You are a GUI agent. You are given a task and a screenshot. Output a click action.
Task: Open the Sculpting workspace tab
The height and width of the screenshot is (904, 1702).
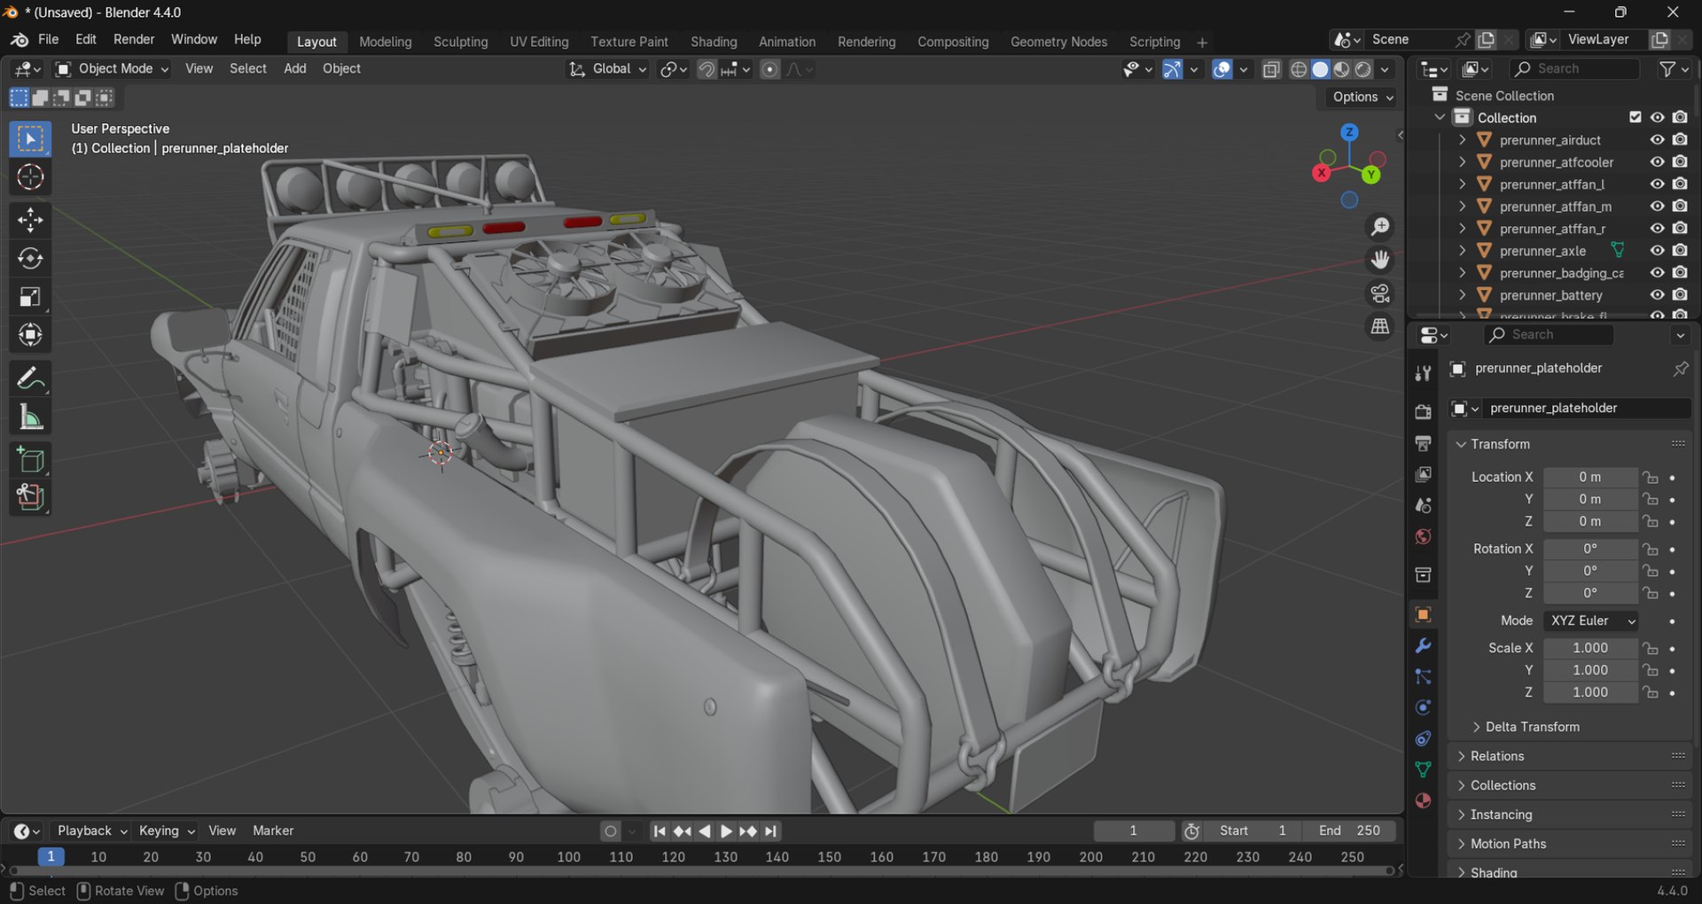460,42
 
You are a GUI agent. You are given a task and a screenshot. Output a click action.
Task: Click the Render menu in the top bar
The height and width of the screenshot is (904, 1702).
134,40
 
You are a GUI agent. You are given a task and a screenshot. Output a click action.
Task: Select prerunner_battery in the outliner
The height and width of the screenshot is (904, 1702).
1550,295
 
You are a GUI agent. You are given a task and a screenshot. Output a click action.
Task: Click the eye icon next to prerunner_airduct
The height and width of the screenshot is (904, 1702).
1656,140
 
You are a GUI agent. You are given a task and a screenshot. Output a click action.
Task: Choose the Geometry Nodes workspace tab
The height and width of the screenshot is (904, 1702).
1058,42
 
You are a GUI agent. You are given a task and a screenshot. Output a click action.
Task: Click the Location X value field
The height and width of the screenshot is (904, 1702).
1589,477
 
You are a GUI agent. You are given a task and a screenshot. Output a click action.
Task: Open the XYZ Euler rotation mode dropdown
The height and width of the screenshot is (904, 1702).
1591,620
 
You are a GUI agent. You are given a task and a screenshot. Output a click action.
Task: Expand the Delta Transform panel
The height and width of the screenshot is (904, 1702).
1532,727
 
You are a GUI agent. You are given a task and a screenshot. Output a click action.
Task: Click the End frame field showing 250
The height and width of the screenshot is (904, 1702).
1350,830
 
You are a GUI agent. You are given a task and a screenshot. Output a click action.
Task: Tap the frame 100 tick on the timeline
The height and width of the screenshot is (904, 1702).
568,857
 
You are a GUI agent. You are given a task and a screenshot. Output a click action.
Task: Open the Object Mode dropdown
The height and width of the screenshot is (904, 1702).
113,69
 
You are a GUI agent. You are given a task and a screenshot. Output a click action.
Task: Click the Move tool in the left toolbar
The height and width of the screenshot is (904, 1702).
30,219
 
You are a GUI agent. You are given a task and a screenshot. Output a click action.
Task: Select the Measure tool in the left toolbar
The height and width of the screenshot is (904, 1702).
30,417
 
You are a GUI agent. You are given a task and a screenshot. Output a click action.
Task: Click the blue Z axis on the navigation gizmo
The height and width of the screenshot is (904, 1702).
1349,132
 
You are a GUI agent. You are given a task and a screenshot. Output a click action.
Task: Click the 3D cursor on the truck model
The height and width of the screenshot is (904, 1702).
440,453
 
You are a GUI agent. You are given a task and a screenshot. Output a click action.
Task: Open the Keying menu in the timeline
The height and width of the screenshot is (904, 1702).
166,830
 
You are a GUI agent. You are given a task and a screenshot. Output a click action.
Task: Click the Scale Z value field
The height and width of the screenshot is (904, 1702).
1589,692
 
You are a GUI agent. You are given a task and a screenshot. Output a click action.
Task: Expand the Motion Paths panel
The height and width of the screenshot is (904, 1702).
1508,844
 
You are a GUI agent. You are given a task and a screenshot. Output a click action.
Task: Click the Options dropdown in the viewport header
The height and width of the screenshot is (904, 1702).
1362,97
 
